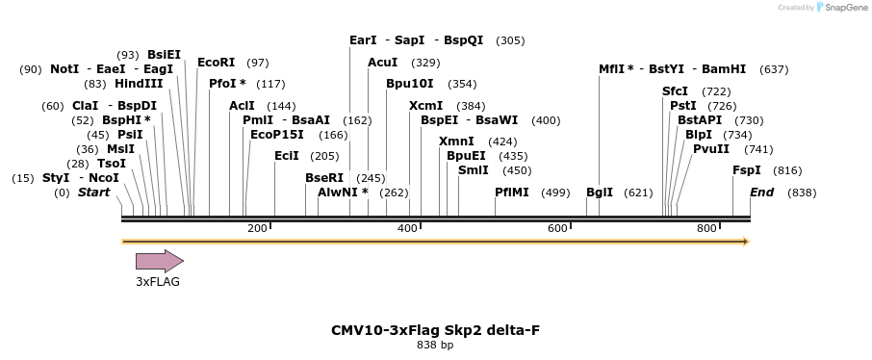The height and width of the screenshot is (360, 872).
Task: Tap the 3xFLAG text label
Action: (158, 282)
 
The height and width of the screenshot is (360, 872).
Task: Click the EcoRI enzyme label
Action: (217, 63)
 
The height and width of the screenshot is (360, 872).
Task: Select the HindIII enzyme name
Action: (139, 84)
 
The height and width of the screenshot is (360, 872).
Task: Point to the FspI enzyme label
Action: (747, 170)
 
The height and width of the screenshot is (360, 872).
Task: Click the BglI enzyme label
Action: (600, 193)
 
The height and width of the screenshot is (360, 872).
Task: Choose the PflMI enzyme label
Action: (512, 193)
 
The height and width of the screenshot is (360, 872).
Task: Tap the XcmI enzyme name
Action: (425, 105)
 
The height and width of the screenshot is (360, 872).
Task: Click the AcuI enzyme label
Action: (383, 63)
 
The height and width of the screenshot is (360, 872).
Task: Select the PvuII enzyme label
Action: (711, 149)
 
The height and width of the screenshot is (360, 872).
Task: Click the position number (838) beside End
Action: (802, 193)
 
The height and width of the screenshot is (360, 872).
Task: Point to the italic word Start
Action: (94, 193)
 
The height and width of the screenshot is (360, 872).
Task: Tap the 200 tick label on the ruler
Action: (257, 228)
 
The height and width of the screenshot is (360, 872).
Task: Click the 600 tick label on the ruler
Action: (557, 228)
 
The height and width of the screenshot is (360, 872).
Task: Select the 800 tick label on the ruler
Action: (706, 228)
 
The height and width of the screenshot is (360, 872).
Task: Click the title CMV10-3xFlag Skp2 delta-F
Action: (435, 330)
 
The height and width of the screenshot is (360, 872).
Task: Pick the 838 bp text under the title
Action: (435, 345)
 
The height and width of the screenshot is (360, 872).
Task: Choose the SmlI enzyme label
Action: (474, 170)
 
